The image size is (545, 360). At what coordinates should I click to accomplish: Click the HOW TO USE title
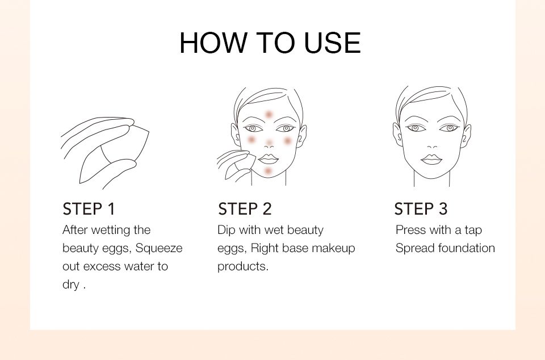[270, 43]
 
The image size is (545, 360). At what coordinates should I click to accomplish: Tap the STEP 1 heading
[89, 209]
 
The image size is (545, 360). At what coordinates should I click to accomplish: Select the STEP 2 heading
[245, 209]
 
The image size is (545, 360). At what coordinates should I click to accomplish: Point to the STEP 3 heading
[421, 209]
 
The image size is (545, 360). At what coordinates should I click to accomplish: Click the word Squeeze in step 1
[159, 249]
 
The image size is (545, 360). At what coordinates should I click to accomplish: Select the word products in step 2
[243, 267]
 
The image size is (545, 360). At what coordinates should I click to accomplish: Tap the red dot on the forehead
[269, 114]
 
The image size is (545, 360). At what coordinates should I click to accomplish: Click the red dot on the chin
[268, 171]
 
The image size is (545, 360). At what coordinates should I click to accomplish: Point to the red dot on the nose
[269, 143]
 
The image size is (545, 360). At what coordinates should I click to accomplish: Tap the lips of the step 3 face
[431, 160]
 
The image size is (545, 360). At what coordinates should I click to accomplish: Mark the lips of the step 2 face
[269, 159]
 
